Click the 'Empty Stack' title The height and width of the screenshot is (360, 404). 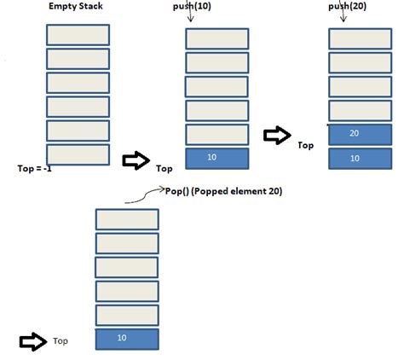click(x=77, y=9)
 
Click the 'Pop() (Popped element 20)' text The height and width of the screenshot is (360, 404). click(x=222, y=192)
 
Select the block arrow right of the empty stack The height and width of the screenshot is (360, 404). click(x=136, y=160)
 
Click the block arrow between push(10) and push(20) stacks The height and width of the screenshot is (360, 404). click(x=276, y=135)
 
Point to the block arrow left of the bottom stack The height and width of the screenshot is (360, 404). click(x=32, y=341)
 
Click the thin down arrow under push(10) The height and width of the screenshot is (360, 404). click(x=188, y=20)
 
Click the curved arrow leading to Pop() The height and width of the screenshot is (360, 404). click(x=142, y=197)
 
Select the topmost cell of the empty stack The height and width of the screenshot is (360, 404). click(x=78, y=34)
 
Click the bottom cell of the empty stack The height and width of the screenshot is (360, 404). click(x=78, y=154)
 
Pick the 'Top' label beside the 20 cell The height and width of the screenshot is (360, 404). click(x=306, y=146)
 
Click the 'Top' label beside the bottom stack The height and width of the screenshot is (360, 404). click(x=61, y=341)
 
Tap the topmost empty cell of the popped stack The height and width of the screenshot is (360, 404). click(x=126, y=218)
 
